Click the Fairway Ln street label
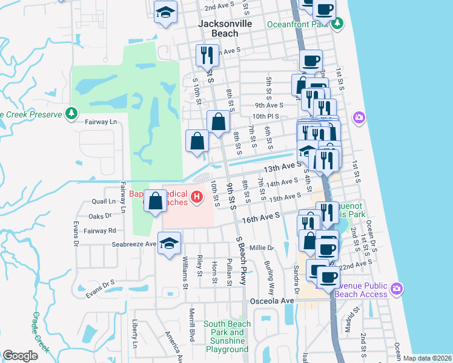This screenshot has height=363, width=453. (x=100, y=122)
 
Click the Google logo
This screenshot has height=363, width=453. (x=20, y=356)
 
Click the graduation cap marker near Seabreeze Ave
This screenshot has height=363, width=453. (x=170, y=243)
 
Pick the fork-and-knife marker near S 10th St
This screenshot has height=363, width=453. (x=207, y=56)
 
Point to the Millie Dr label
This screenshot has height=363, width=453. (x=262, y=248)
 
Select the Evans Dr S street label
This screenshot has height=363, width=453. (x=100, y=283)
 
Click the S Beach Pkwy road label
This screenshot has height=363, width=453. (x=243, y=267)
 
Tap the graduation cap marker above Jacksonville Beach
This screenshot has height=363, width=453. (x=165, y=12)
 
